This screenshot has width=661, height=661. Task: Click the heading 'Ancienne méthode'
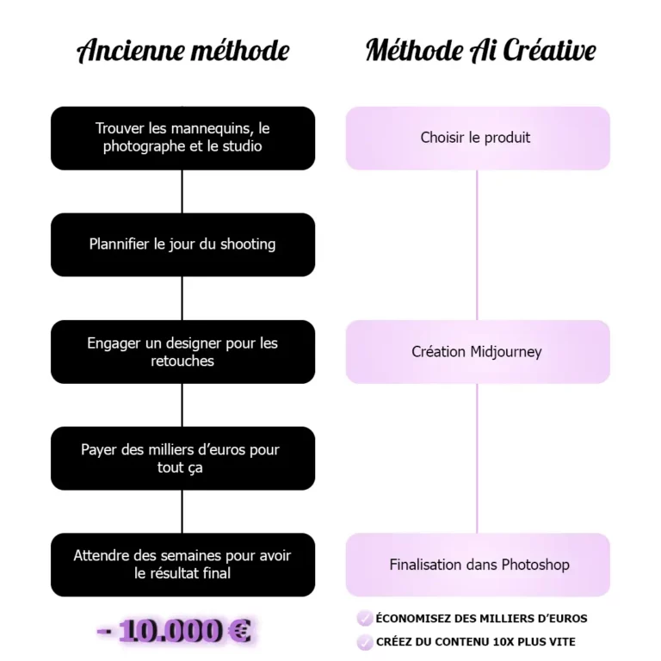point(183,50)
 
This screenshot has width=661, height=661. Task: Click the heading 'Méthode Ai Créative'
point(480,50)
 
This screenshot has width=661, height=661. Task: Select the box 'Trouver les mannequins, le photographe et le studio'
point(183,139)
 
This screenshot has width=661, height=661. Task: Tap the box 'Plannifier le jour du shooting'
point(183,245)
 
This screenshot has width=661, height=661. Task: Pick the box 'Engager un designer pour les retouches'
point(183,351)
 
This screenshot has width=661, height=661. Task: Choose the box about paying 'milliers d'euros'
point(183,458)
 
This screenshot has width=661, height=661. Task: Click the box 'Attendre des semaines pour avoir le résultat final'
point(183,565)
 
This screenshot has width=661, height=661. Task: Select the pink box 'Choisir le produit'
point(478,139)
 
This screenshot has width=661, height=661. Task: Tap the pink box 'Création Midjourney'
point(478,351)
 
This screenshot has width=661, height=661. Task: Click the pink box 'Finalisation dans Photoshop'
point(478,565)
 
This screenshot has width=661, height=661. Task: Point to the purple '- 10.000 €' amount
point(174,631)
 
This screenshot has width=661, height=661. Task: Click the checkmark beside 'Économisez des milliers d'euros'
point(365,619)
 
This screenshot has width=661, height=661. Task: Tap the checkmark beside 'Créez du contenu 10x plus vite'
point(365,642)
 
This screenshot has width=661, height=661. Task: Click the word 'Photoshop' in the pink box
point(535,565)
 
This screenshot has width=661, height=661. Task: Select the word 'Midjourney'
point(506,352)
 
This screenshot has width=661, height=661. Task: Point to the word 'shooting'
point(248,244)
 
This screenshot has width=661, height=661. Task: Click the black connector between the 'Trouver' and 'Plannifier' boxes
point(182,192)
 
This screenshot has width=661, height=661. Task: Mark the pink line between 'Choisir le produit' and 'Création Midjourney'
point(477,245)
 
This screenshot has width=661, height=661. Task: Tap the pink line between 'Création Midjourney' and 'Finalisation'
point(477,458)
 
